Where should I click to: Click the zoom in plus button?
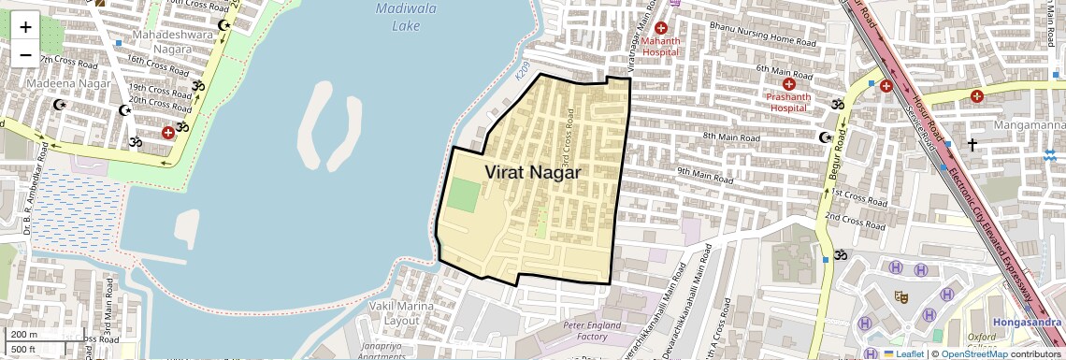click(25, 26)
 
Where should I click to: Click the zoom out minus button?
click(25, 54)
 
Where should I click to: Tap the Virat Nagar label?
click(532, 173)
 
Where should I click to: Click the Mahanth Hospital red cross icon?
click(662, 28)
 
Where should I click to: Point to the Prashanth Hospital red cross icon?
click(788, 83)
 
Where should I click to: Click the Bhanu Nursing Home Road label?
click(762, 35)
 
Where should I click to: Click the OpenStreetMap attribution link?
click(974, 353)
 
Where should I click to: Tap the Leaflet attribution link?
click(903, 353)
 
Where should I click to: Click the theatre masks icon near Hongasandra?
click(901, 296)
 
